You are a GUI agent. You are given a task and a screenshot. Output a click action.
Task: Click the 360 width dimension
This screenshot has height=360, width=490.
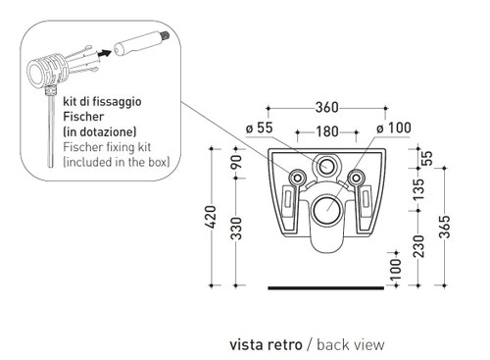click(x=326, y=107)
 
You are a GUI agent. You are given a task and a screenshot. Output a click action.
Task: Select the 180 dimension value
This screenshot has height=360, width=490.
click(x=327, y=131)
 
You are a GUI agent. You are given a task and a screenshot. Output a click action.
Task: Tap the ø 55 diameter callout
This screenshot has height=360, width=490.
click(x=259, y=128)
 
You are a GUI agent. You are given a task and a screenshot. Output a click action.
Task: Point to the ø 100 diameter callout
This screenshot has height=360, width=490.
click(x=394, y=128)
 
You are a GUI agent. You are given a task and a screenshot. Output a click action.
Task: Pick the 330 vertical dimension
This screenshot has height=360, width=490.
click(x=236, y=229)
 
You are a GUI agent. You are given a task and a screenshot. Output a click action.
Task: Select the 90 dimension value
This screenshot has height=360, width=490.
click(x=236, y=162)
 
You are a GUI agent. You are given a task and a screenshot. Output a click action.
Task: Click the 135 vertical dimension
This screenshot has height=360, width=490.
click(x=418, y=189)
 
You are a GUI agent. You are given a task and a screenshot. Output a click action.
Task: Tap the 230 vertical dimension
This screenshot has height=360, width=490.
click(x=418, y=246)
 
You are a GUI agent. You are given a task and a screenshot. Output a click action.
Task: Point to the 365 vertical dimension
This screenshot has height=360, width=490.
click(x=444, y=227)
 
